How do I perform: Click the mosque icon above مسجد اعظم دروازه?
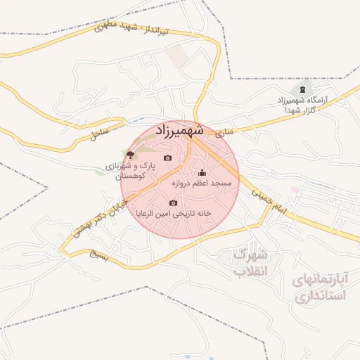(202, 173)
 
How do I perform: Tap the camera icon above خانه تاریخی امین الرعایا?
(174, 202)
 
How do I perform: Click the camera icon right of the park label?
(167, 157)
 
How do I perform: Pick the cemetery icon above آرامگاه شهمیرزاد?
(303, 89)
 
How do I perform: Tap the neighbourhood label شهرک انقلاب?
(250, 262)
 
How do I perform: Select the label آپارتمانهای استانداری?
(321, 288)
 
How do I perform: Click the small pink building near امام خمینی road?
(295, 190)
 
